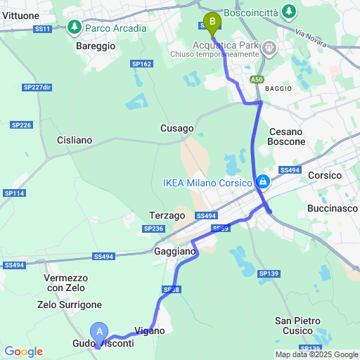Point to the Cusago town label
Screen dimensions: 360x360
176,129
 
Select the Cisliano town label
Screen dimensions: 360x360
75,140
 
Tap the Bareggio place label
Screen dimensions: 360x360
95,46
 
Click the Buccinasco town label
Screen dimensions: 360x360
333,209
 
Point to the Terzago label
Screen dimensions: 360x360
167,215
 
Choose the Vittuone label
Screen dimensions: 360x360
20,15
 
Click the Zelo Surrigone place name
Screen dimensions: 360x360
70,304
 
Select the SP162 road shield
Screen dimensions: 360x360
141,64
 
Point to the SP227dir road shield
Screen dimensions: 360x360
37,87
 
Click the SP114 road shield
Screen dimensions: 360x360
14,193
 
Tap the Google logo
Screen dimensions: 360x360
22,352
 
